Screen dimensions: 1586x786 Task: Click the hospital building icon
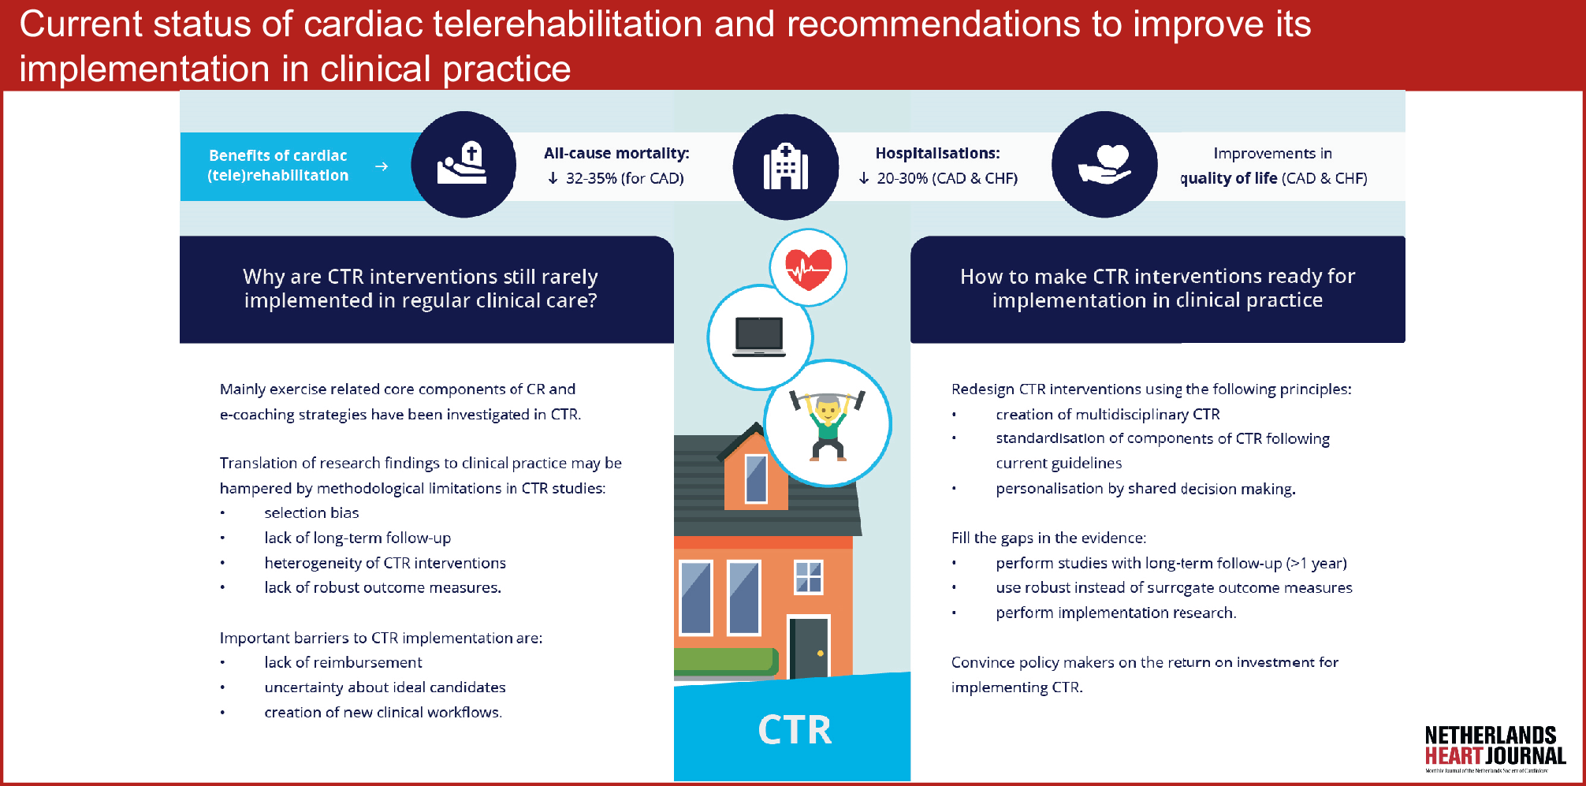[x=786, y=166]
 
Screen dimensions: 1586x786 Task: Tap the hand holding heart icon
[x=1105, y=165]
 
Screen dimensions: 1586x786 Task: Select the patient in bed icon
[x=463, y=163]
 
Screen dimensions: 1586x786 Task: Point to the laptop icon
[x=759, y=337]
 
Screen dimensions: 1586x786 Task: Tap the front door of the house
[x=809, y=648]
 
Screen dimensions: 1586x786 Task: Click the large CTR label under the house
[x=795, y=730]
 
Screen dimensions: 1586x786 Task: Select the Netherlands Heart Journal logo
[x=1495, y=748]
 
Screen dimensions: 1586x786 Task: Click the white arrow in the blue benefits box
[x=382, y=166]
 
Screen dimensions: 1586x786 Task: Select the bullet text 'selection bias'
[x=311, y=512]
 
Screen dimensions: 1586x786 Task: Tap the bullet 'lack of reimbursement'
[x=343, y=662]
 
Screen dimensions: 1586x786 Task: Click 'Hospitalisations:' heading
[x=937, y=154]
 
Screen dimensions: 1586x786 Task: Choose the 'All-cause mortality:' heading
[x=616, y=154]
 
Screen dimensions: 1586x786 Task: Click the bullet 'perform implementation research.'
[x=1115, y=613]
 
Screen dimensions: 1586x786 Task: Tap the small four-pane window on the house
[x=808, y=576]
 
